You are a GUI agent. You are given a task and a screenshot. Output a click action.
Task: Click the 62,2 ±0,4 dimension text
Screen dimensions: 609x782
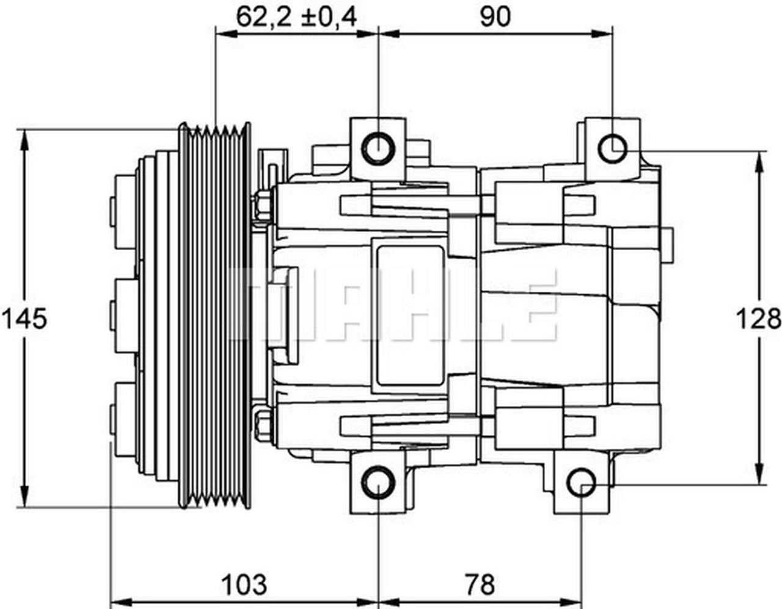pyautogui.click(x=296, y=17)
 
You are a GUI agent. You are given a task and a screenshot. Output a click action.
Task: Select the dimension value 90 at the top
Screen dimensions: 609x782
pyautogui.click(x=494, y=17)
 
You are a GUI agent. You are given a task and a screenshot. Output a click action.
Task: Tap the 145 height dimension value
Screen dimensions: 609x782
pyautogui.click(x=24, y=319)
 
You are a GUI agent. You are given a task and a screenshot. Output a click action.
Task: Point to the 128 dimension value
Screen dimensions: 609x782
pyautogui.click(x=758, y=319)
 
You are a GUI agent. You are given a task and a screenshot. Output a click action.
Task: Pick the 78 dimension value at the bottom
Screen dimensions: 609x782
pyautogui.click(x=480, y=584)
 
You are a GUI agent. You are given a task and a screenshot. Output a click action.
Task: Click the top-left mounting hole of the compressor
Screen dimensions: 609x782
pyautogui.click(x=378, y=148)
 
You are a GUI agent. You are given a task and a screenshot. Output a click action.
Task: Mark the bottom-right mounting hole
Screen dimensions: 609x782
pyautogui.click(x=581, y=482)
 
